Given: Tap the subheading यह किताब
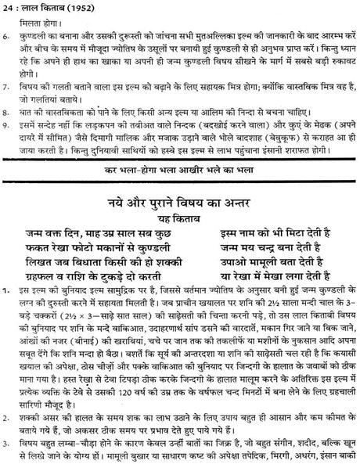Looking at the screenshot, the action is click(179, 218).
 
